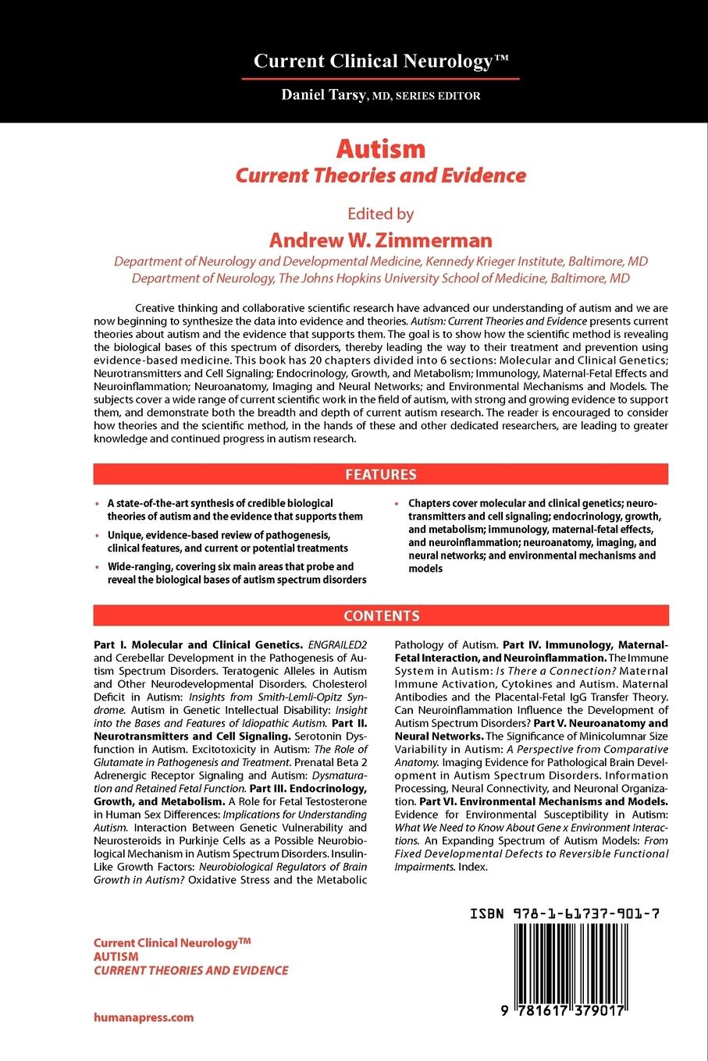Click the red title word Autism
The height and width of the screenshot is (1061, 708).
coord(381,148)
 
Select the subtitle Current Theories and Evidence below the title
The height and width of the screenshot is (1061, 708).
coord(381,176)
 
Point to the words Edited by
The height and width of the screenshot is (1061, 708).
coord(381,214)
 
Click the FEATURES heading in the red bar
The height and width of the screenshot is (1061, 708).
coord(381,474)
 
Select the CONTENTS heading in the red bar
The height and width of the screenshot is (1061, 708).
coord(381,616)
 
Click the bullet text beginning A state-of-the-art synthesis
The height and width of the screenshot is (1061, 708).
coord(234,509)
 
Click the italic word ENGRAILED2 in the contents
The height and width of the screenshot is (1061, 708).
coord(337,645)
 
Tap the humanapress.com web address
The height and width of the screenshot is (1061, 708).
coord(144,1017)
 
